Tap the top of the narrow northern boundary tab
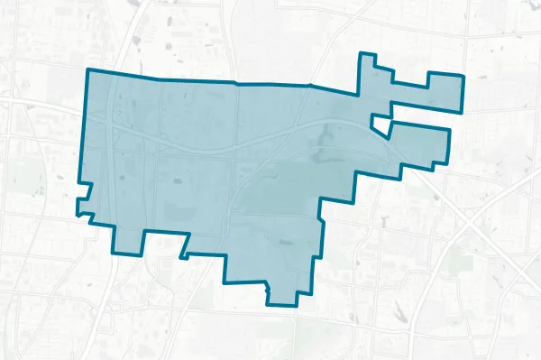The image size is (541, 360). (x=366, y=54)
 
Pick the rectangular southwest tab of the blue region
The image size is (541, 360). (x=126, y=238)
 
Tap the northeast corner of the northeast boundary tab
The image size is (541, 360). (x=462, y=76)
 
